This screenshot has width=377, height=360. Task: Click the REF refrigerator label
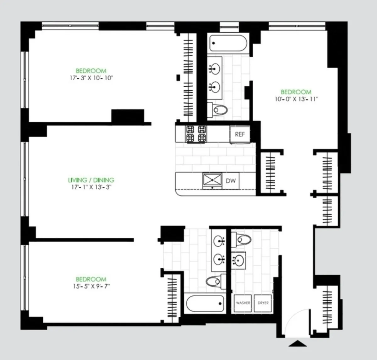click(240, 134)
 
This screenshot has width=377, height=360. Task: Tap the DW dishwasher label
click(231, 181)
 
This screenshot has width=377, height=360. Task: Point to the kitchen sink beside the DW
click(212, 180)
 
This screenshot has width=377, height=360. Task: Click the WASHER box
click(243, 303)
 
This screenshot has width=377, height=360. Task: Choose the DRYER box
click(263, 303)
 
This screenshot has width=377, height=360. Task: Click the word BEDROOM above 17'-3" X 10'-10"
click(91, 71)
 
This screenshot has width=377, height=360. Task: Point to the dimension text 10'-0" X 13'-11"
click(296, 99)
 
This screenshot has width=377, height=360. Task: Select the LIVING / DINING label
click(91, 180)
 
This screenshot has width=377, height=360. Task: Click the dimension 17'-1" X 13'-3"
click(91, 187)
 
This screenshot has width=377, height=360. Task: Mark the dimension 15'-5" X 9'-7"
click(91, 286)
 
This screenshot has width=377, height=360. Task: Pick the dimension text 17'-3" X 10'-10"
click(91, 78)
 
